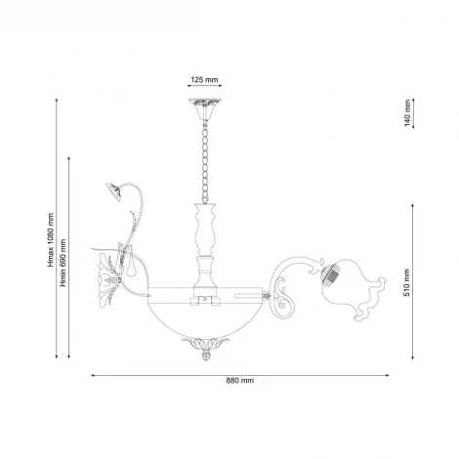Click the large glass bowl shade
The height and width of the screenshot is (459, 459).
coord(204,313)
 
